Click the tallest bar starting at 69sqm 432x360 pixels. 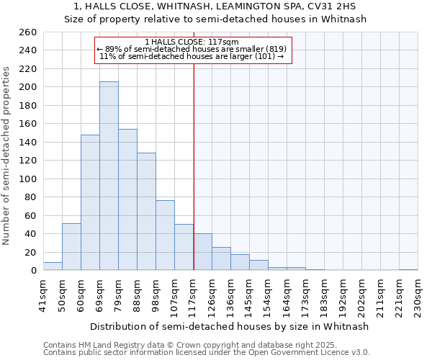coord(109,176)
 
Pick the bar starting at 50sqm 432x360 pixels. coord(71,247)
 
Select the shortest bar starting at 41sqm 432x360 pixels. coord(53,266)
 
